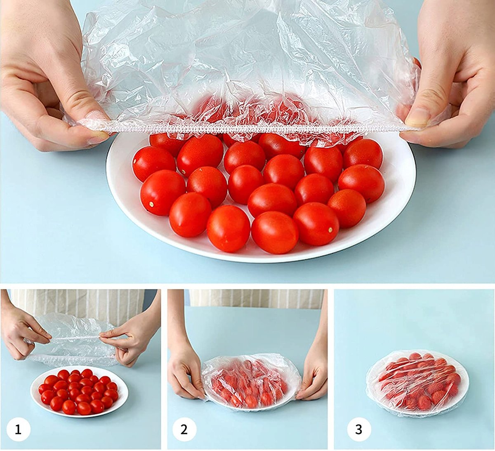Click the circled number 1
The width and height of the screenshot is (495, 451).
tap(19, 430)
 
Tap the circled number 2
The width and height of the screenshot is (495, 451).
tap(184, 430)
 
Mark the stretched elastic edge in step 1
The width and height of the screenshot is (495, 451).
tap(75, 338)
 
